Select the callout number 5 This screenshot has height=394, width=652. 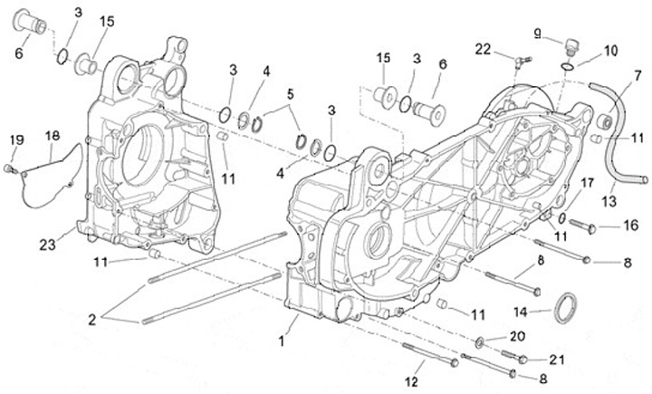coord(290,93)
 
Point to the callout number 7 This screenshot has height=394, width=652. coord(639,74)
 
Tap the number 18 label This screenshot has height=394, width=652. coord(52,136)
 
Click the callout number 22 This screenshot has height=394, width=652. coord(483,48)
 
